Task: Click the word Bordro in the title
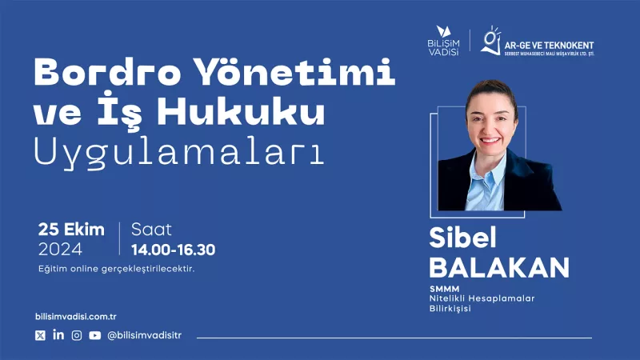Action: tap(108, 72)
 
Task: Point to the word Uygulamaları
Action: tap(179, 152)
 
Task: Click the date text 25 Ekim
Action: tap(71, 230)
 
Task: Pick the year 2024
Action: tap(61, 249)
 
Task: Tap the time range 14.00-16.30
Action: tap(173, 250)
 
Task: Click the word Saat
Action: tap(151, 230)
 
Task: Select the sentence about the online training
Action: tap(116, 269)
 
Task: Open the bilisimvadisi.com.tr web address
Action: tap(76, 316)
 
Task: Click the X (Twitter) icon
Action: tap(40, 335)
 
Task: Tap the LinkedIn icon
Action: tap(58, 334)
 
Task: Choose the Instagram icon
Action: tap(77, 335)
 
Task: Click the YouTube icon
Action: tap(94, 335)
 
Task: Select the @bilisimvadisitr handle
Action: tap(144, 335)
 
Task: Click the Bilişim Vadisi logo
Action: tap(444, 41)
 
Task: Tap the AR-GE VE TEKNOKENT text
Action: tap(549, 46)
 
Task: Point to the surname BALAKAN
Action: tap(499, 268)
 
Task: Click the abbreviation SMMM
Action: tap(445, 289)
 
